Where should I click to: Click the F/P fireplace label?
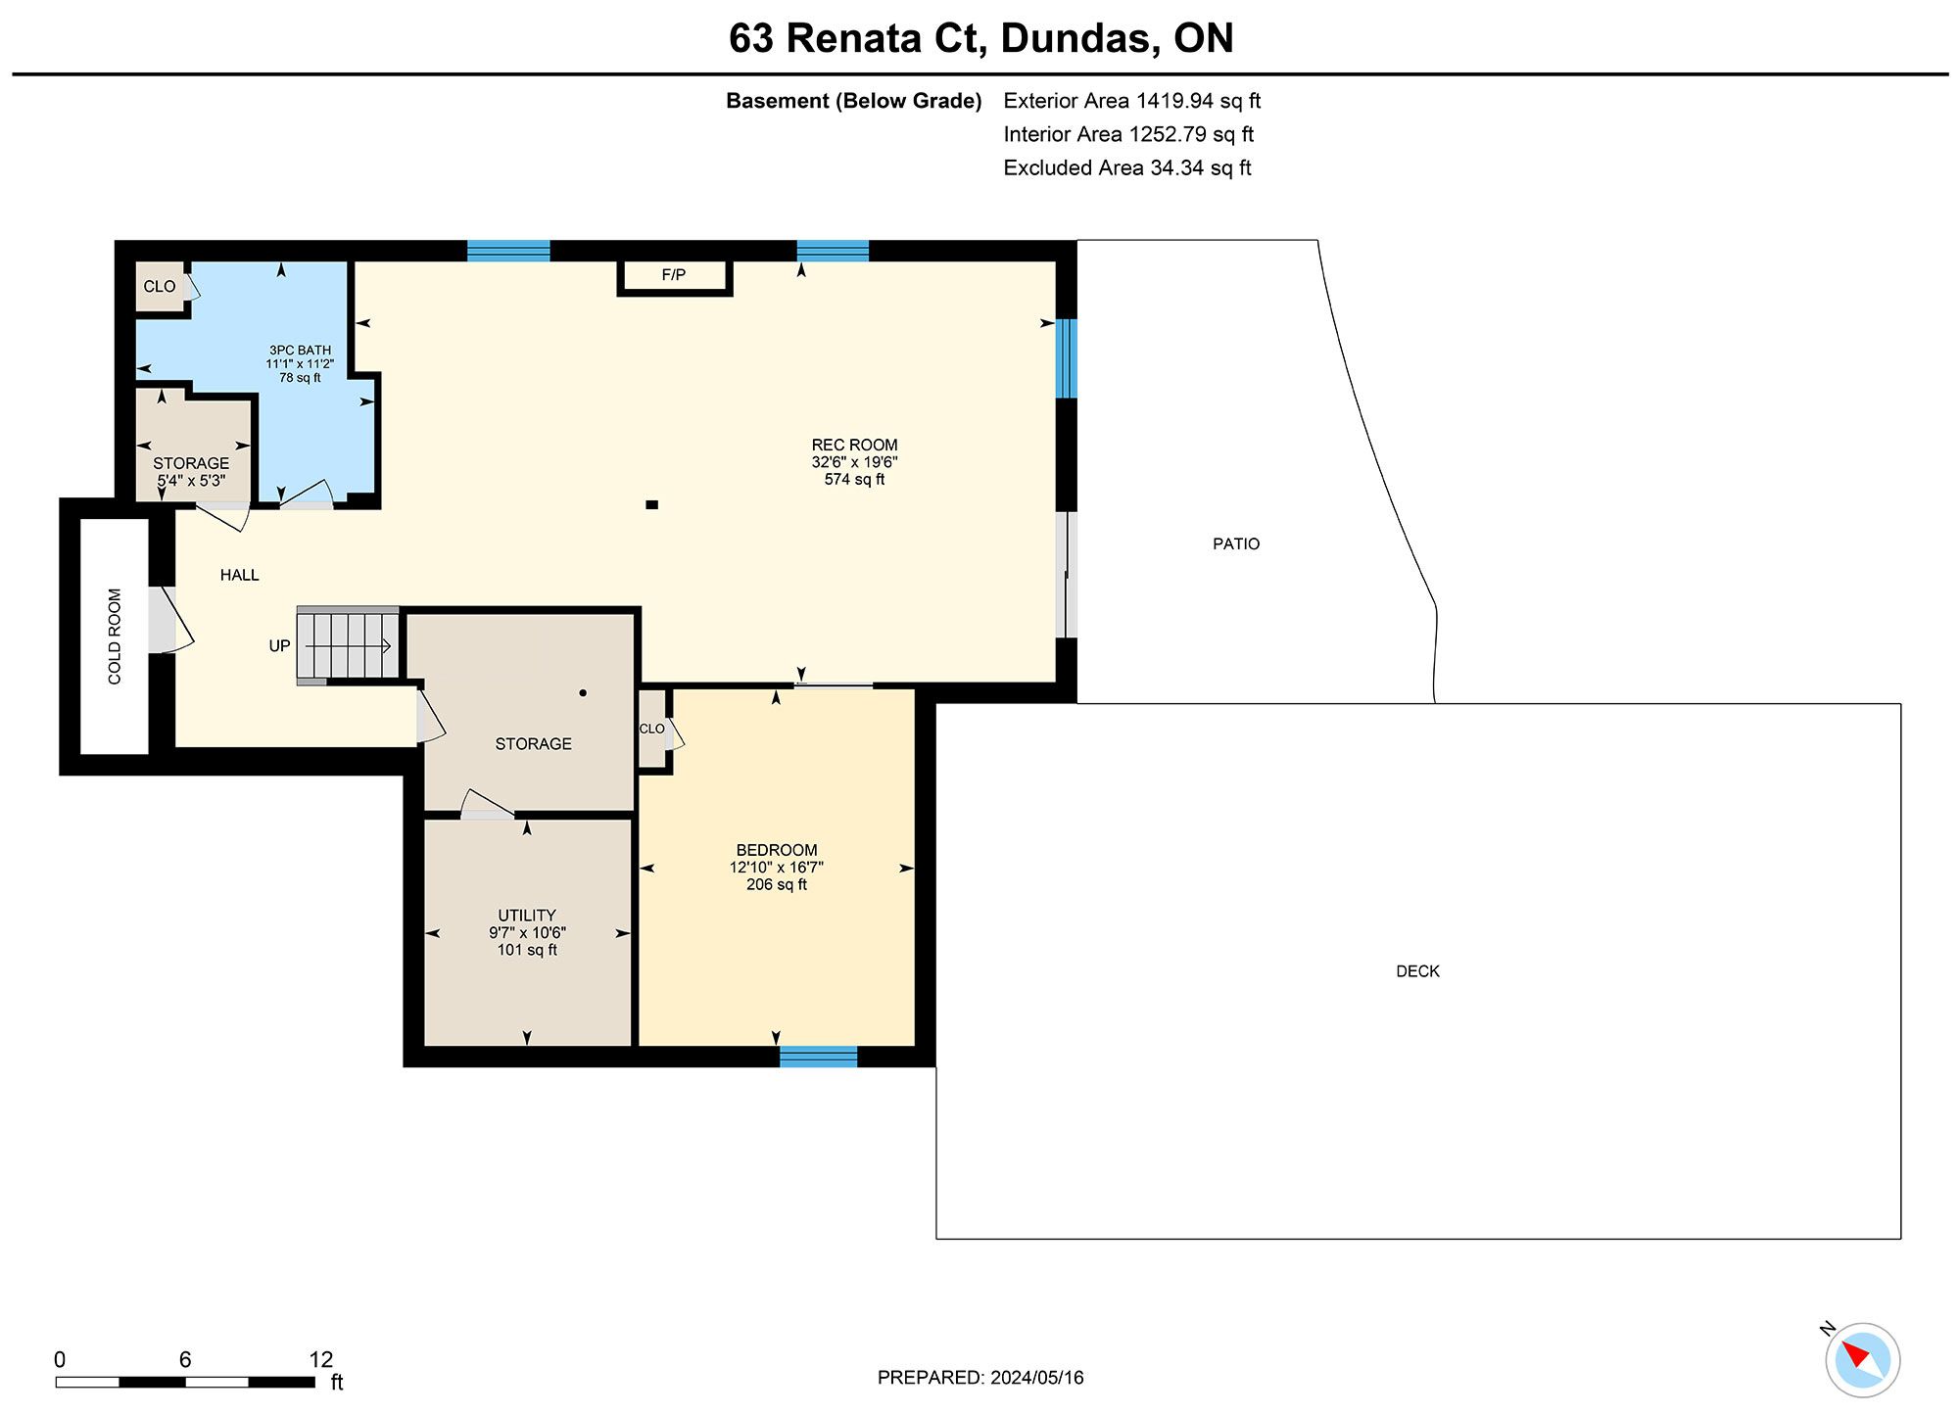coord(674,275)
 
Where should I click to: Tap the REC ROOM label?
coord(854,445)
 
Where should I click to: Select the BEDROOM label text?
coord(777,850)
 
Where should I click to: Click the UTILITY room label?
coord(527,916)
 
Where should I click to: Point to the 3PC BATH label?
coord(301,350)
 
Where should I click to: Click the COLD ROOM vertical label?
coord(115,636)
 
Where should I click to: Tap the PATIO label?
coord(1236,543)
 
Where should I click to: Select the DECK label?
coord(1417,971)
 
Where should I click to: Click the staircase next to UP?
coord(348,645)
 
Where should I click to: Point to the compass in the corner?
coord(1862,1359)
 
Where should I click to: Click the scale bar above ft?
coord(185,1383)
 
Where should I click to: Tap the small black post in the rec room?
coord(651,505)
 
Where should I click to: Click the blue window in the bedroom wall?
coord(818,1057)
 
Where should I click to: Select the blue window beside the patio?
coord(1067,358)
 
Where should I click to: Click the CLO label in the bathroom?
coord(160,287)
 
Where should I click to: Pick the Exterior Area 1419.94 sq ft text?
coord(1132,101)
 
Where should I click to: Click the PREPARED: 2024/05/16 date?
coord(980,1378)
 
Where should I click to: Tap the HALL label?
coord(240,575)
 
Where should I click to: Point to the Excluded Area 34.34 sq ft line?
coord(1127,167)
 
